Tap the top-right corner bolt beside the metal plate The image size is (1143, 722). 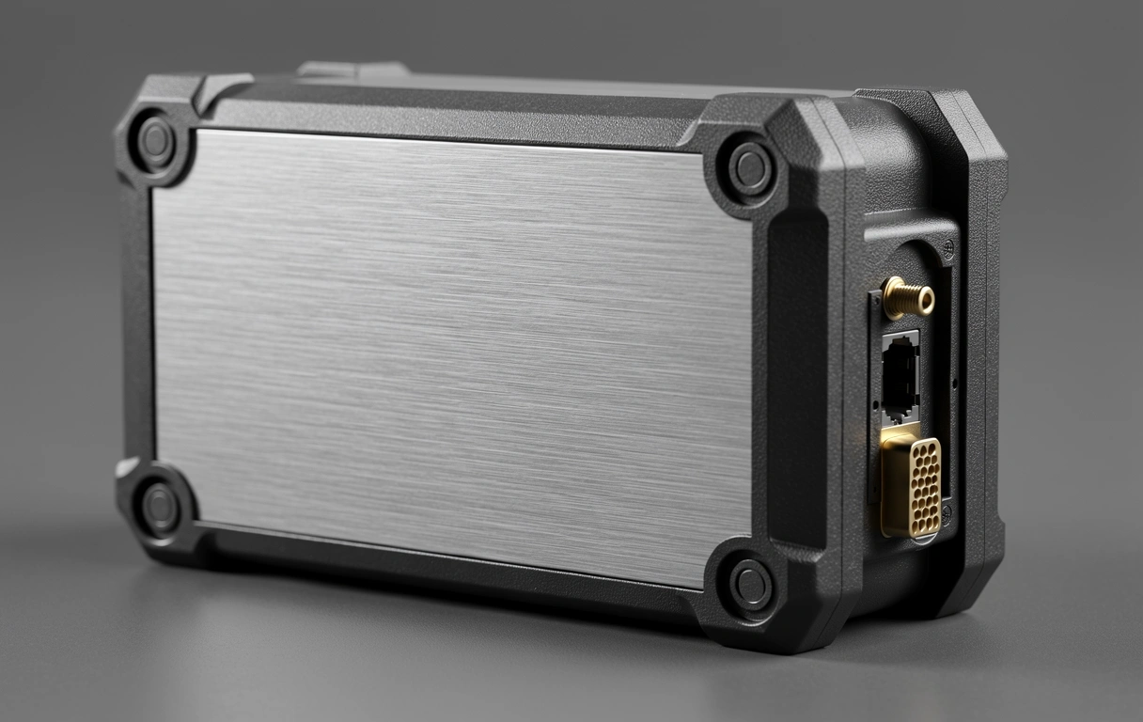pyautogui.click(x=750, y=169)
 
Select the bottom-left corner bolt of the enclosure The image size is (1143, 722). pyautogui.click(x=160, y=508)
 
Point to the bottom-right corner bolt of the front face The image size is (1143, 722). pyautogui.click(x=750, y=585)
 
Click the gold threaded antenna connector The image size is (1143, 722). pyautogui.click(x=908, y=298)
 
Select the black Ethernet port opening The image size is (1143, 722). pyautogui.click(x=900, y=377)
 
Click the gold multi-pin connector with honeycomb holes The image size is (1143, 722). pyautogui.click(x=912, y=486)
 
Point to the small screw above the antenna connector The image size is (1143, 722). pyautogui.click(x=947, y=251)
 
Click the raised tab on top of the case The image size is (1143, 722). pyautogui.click(x=352, y=70)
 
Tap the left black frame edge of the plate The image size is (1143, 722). pyautogui.click(x=137, y=329)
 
